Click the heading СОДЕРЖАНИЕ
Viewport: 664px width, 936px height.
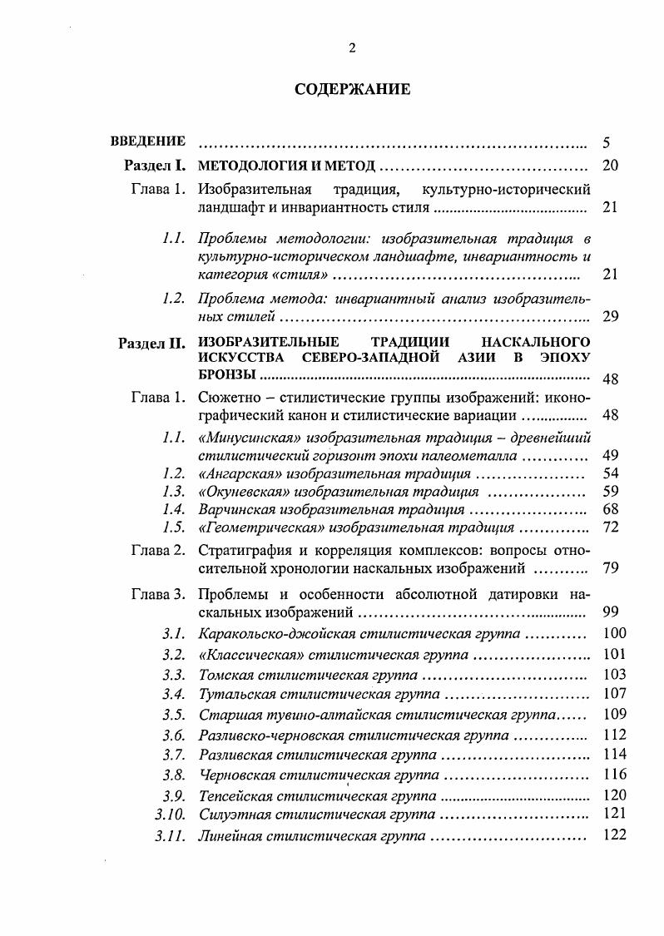352,90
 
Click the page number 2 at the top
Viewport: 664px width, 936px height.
352,47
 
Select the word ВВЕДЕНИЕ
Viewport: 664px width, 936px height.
148,141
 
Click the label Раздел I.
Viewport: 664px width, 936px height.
154,165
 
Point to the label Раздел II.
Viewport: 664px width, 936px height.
151,343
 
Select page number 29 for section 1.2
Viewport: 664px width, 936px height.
610,317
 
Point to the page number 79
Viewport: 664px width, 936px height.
610,569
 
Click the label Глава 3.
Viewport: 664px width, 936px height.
157,594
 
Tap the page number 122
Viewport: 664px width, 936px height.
612,834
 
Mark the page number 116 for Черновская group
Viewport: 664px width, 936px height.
612,775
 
